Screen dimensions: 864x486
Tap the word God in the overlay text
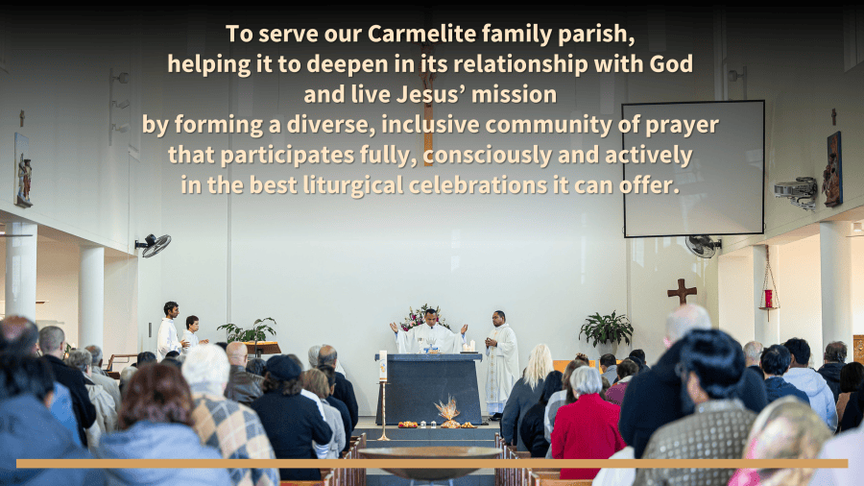coord(671,64)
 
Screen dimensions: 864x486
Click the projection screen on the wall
coord(693,169)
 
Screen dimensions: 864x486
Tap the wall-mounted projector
coord(796,192)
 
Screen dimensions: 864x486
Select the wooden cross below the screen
coord(682,291)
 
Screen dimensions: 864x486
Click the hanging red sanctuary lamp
coord(768,298)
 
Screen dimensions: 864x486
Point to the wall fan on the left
coord(154,245)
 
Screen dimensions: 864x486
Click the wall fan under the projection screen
coord(703,246)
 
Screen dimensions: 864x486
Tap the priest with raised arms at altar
coord(429,333)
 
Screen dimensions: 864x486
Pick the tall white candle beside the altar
coord(383,365)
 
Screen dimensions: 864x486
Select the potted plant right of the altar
coord(606,330)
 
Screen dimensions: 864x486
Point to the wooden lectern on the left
coord(262,349)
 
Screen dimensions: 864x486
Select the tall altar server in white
coord(169,331)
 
